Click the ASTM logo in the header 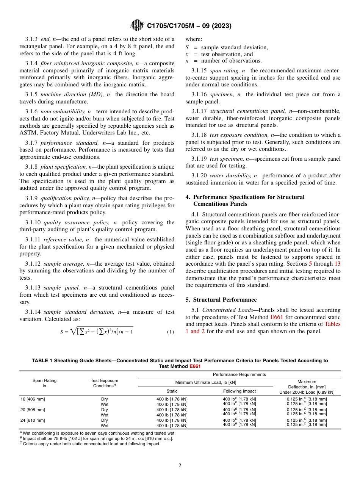point(137,25)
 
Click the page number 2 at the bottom point(180,466)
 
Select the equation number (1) point(170,332)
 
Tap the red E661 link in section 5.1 point(277,317)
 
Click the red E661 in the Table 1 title point(195,366)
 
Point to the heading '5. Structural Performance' point(221,300)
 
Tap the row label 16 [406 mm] point(33,399)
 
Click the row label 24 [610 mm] point(33,420)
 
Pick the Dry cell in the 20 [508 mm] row point(104,410)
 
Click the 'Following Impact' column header point(239,391)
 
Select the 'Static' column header point(172,391)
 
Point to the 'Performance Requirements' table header point(239,374)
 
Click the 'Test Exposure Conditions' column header point(104,383)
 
